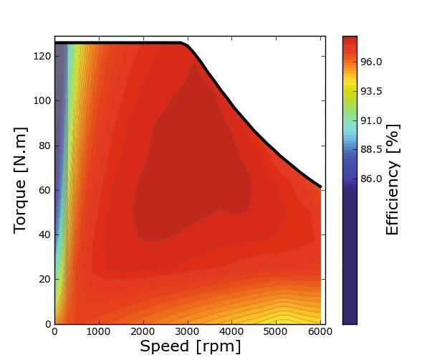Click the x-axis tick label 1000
(x=99, y=332)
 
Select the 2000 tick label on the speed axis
(x=143, y=332)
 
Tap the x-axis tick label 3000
(x=188, y=332)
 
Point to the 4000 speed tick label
(x=232, y=332)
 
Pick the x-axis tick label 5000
(x=277, y=332)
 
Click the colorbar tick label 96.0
(x=372, y=62)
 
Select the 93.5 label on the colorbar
(x=372, y=91)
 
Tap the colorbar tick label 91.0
(x=372, y=120)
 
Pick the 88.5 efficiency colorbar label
(x=372, y=149)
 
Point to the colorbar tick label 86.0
(x=372, y=179)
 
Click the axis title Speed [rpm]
(x=190, y=347)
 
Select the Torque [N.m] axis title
(x=21, y=179)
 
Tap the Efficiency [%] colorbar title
(x=393, y=179)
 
